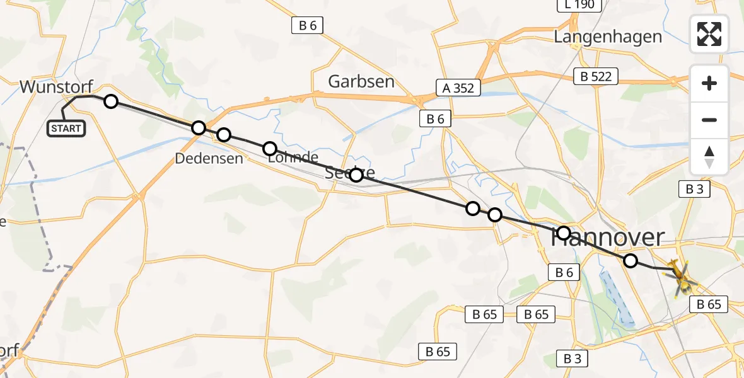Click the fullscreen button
tap(709, 34)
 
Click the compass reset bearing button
tap(709, 157)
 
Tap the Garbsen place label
tap(361, 81)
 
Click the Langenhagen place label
tap(608, 37)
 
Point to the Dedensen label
tap(209, 158)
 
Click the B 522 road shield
tap(596, 77)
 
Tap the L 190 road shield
tap(579, 5)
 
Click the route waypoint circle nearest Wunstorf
tap(110, 101)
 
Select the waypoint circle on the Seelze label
tap(356, 175)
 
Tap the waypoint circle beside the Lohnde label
tap(269, 149)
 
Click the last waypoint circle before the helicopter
tap(630, 261)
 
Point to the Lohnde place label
tap(293, 157)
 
